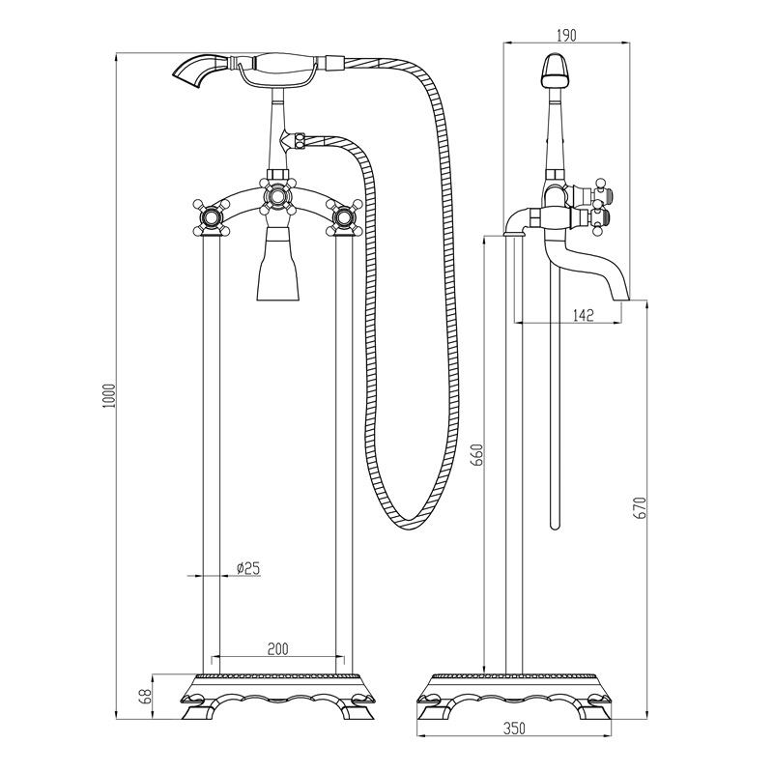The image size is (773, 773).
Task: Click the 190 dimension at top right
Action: [x=566, y=35]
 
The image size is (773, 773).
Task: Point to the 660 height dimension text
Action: [x=476, y=455]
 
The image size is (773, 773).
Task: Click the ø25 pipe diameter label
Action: [x=247, y=569]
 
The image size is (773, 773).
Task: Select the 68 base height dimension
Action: [x=146, y=696]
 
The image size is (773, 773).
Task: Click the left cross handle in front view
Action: [x=212, y=216]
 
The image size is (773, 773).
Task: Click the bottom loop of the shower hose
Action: [x=411, y=522]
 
